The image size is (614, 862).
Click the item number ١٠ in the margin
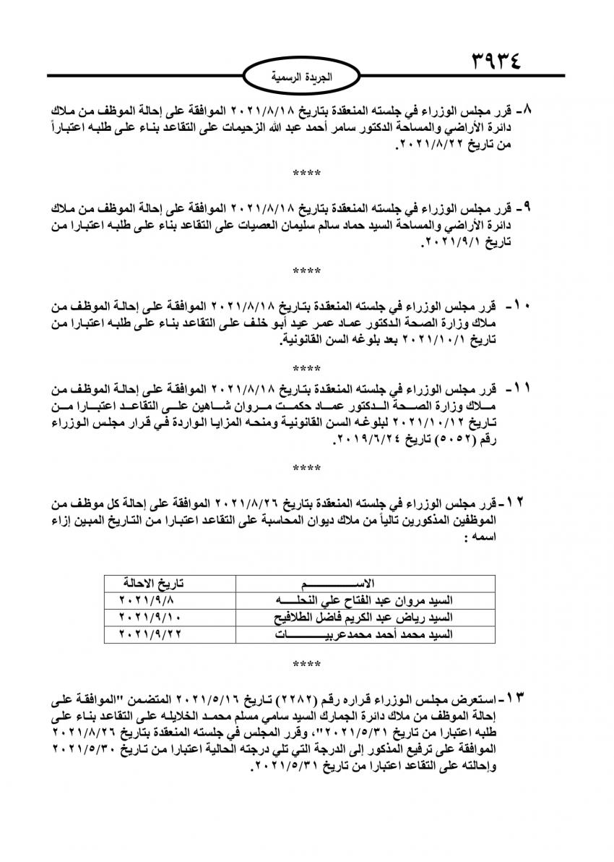click(522, 306)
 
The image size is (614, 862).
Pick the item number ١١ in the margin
click(522, 390)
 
